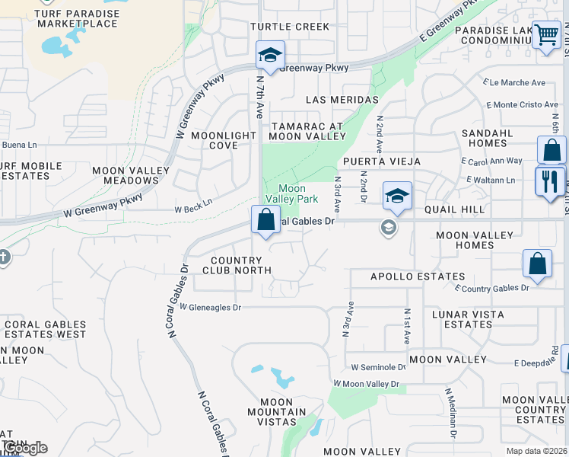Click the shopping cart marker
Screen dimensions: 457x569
tap(546, 35)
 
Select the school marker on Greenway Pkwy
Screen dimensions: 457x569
tap(270, 56)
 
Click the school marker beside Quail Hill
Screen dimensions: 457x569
tap(397, 197)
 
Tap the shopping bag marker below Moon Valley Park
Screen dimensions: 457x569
tap(266, 221)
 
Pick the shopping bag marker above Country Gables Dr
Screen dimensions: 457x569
tap(537, 265)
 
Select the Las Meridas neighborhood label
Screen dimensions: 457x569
tap(342, 100)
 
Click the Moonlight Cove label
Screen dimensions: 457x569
tap(224, 140)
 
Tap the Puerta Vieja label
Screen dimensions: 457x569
tap(377, 161)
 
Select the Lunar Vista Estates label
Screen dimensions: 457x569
tap(468, 319)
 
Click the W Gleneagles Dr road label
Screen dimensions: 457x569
tap(211, 308)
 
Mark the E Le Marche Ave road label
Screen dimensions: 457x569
tap(513, 83)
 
